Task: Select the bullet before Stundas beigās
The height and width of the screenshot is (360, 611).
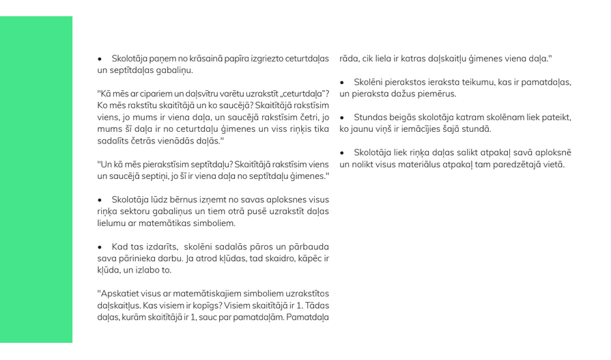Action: [343, 117]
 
